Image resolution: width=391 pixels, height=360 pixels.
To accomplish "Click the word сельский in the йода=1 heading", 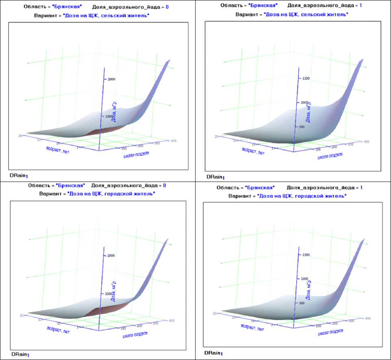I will [311, 14].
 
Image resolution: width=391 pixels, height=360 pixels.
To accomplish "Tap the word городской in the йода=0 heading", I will [115, 194].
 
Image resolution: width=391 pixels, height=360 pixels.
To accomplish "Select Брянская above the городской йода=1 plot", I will [260, 187].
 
